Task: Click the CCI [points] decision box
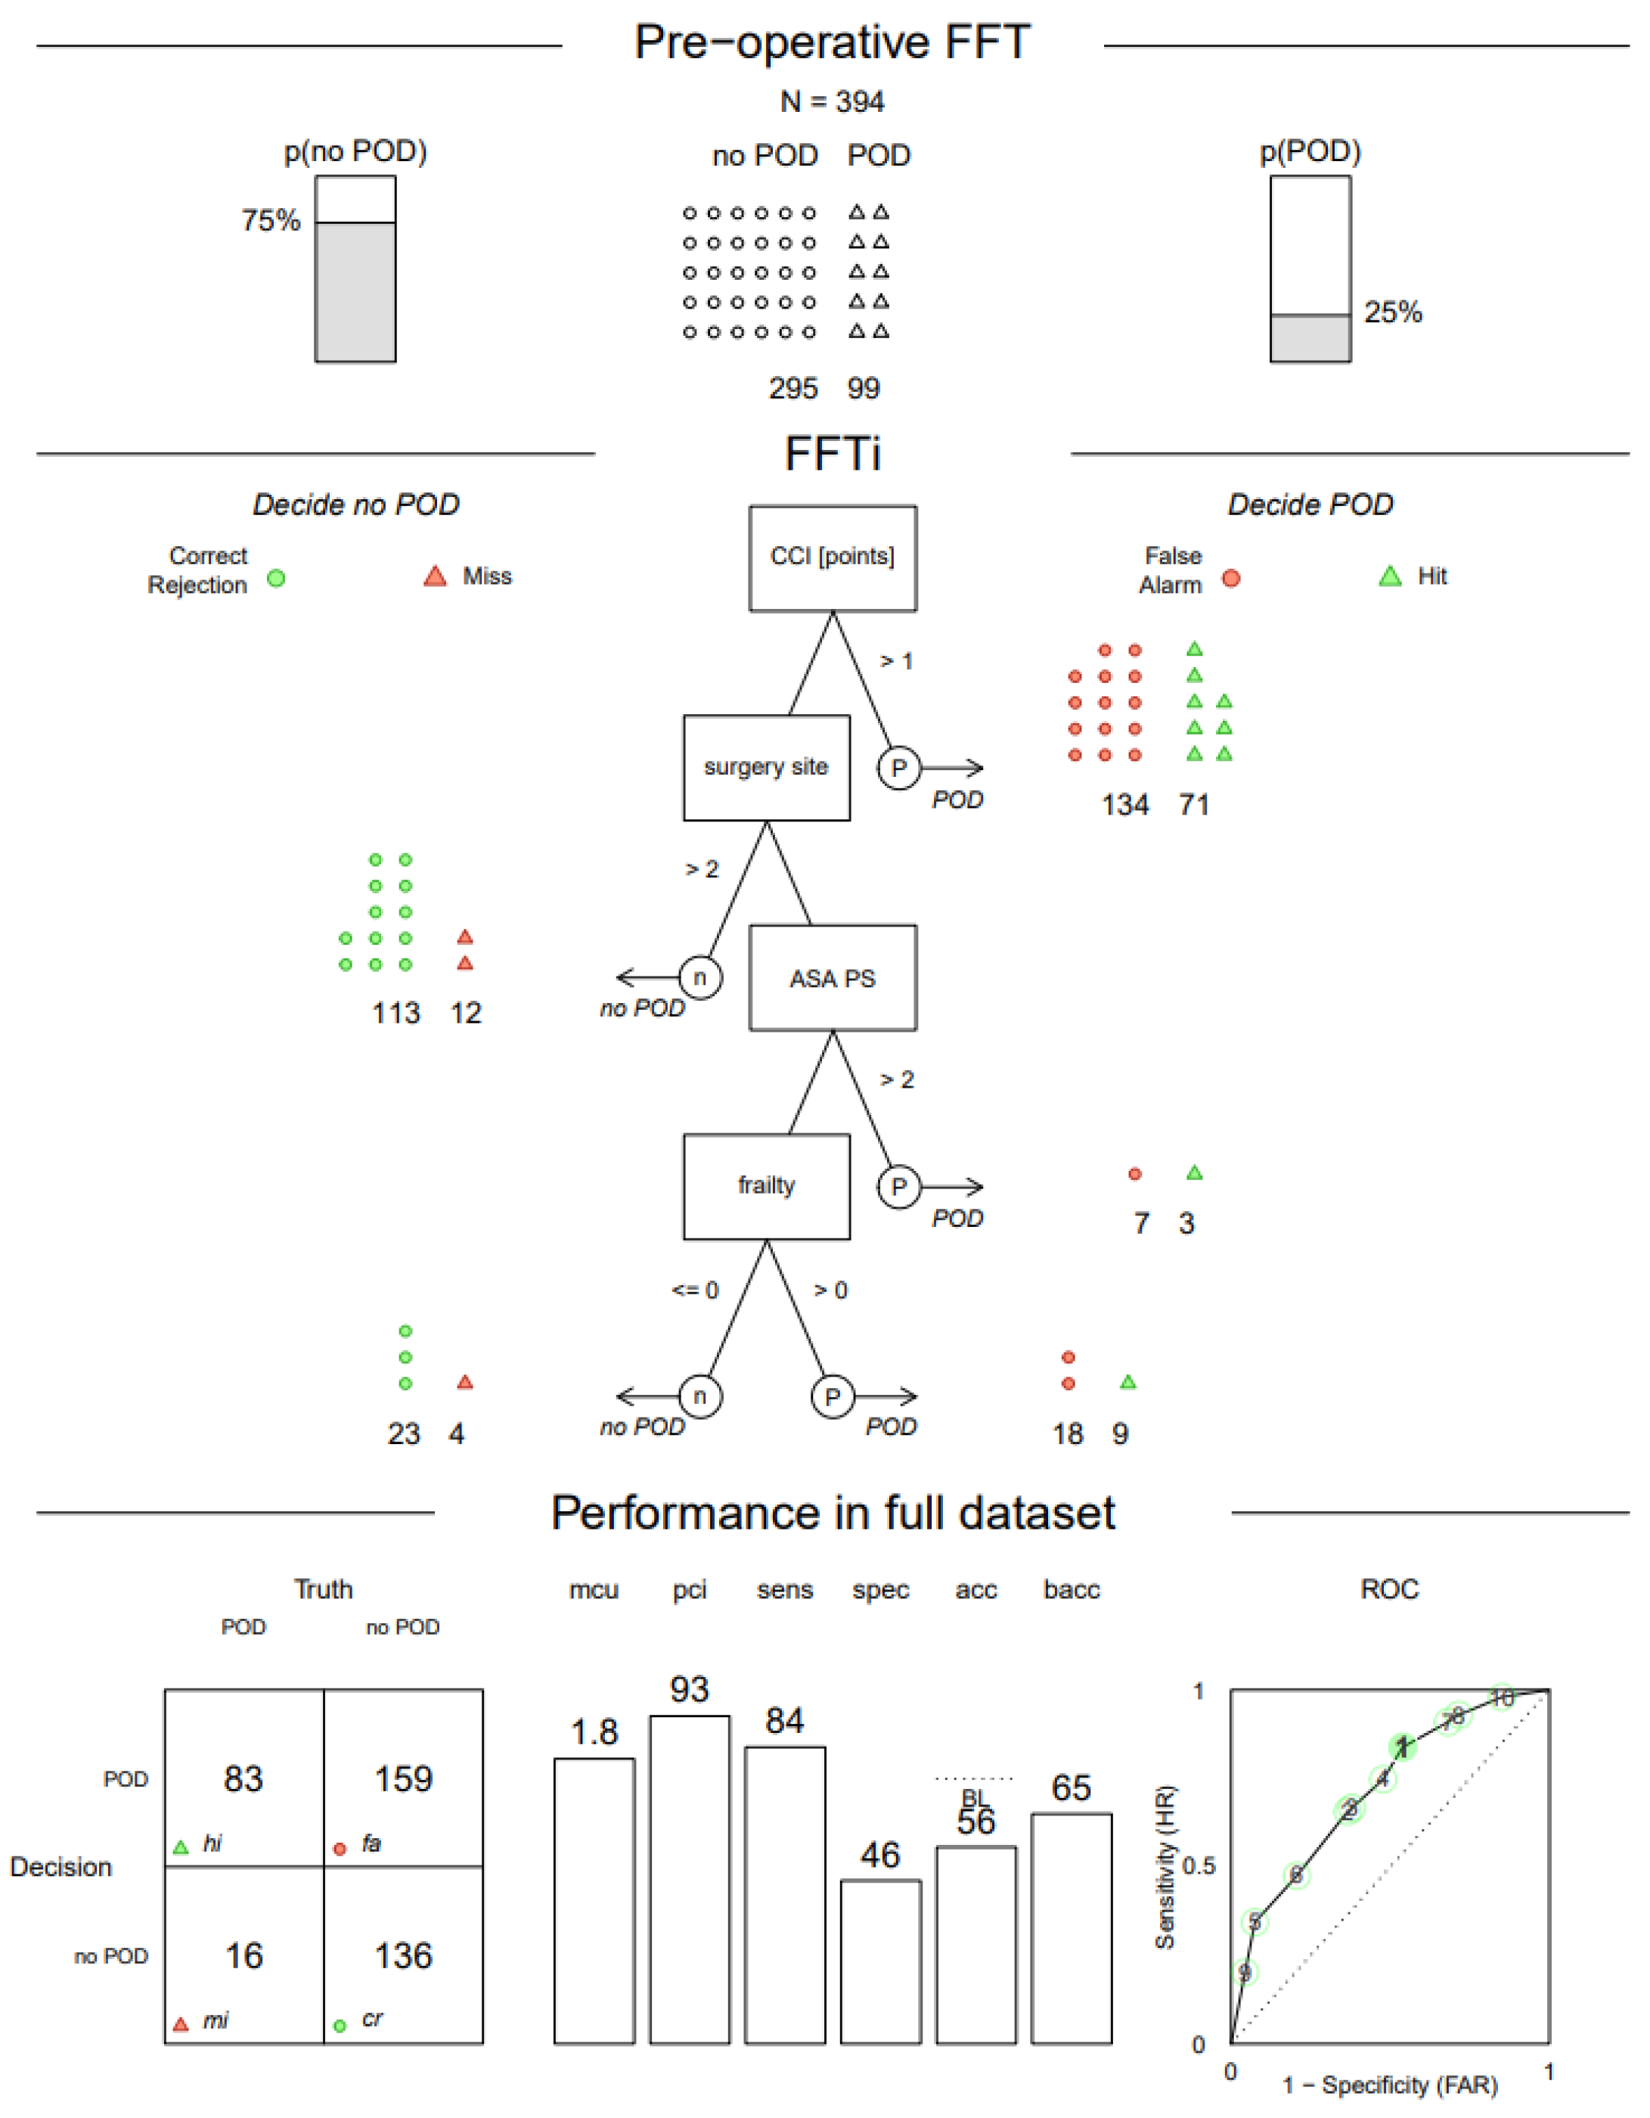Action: click(x=832, y=557)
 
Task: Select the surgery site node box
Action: click(x=766, y=767)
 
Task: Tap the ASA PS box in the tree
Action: click(x=832, y=977)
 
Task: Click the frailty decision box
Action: click(x=766, y=1186)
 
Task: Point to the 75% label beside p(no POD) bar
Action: click(x=271, y=220)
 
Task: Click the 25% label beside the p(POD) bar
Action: click(x=1392, y=312)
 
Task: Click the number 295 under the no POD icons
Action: click(x=793, y=388)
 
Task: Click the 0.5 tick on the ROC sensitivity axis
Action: click(x=1199, y=1866)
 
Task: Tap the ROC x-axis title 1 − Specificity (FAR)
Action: click(x=1389, y=2084)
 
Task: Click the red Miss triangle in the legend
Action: click(x=436, y=577)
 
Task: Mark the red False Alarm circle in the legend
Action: click(x=1231, y=578)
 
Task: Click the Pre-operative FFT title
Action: click(x=832, y=42)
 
